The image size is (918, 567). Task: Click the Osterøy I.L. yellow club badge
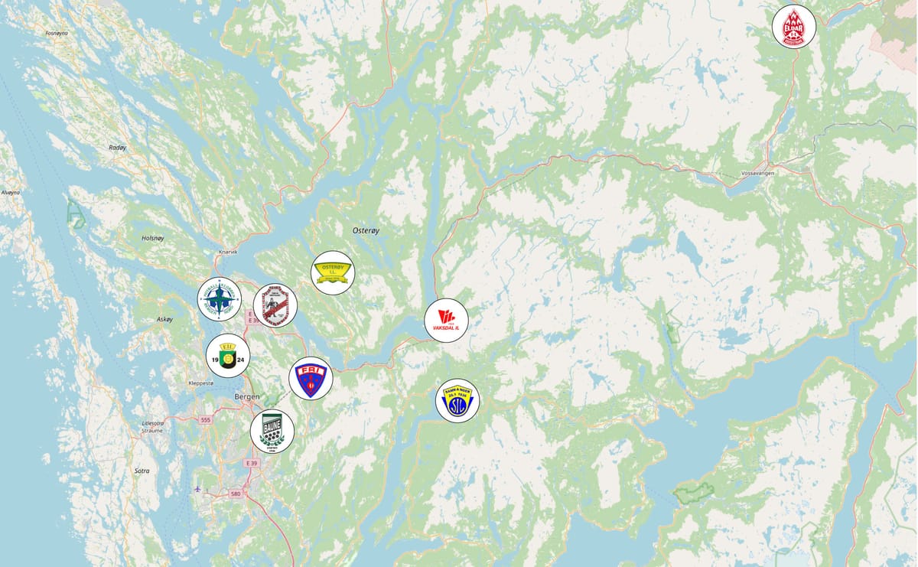click(333, 272)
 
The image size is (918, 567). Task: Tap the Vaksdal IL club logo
click(446, 320)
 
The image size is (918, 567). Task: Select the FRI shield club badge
click(311, 378)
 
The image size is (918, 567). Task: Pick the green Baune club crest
click(272, 432)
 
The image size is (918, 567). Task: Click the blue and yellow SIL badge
click(457, 400)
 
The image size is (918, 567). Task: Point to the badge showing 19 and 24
click(228, 355)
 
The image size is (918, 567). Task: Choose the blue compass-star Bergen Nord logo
click(219, 298)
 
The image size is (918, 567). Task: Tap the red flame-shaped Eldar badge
click(794, 26)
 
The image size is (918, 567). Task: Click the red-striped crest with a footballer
click(275, 305)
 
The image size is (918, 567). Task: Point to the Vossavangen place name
click(758, 174)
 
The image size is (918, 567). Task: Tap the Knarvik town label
click(228, 251)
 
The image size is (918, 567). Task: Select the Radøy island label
click(117, 148)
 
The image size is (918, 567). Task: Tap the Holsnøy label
click(153, 238)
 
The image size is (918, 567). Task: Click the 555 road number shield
click(204, 420)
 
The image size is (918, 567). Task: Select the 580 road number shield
click(235, 494)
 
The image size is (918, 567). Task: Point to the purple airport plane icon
click(199, 487)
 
